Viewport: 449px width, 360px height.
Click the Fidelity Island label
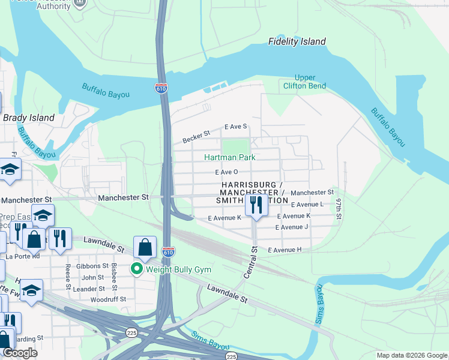297,41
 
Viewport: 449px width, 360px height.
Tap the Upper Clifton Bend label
304,82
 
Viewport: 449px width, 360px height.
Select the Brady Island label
29,118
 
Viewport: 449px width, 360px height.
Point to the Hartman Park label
230,157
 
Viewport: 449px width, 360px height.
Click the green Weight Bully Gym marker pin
136,269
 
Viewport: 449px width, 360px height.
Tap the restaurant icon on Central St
256,205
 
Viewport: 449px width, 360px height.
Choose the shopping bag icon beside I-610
145,247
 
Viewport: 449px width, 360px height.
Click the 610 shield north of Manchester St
161,88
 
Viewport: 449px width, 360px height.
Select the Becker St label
196,138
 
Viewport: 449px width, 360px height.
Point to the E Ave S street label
236,127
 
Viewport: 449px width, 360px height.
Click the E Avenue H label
285,250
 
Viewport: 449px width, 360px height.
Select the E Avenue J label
292,227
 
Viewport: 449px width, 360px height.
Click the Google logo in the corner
20,353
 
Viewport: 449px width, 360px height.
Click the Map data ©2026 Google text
411,355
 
